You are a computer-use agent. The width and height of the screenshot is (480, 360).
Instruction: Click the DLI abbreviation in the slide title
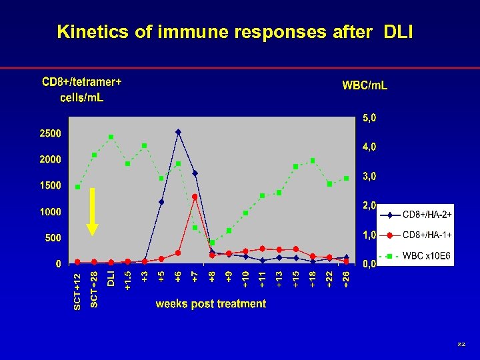pos(398,32)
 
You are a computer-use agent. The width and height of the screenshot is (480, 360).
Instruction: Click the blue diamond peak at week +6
pos(178,132)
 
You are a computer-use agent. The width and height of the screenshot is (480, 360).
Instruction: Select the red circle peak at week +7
pos(195,197)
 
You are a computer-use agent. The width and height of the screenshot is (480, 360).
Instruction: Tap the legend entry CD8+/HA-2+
pos(427,215)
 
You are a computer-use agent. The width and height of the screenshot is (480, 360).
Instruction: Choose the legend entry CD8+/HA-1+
pos(427,235)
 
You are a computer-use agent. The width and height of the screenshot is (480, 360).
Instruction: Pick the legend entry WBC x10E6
pos(427,255)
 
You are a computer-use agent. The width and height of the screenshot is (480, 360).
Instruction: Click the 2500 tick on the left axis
pos(50,133)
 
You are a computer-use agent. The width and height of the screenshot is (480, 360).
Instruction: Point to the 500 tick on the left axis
pos(53,238)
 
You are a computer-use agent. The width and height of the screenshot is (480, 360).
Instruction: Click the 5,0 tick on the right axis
pos(369,118)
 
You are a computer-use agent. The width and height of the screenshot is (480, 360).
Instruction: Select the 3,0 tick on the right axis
pos(369,177)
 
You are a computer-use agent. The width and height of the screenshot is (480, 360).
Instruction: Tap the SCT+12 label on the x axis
pos(77,291)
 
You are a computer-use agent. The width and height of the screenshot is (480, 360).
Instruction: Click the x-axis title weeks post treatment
pos(211,304)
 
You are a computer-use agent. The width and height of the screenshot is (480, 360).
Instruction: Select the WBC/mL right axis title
pos(365,85)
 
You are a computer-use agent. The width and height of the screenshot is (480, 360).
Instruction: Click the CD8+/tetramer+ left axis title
pos(82,83)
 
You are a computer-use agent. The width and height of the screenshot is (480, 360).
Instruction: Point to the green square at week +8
pos(212,243)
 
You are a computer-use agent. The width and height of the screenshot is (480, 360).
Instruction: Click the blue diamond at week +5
pos(161,202)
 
